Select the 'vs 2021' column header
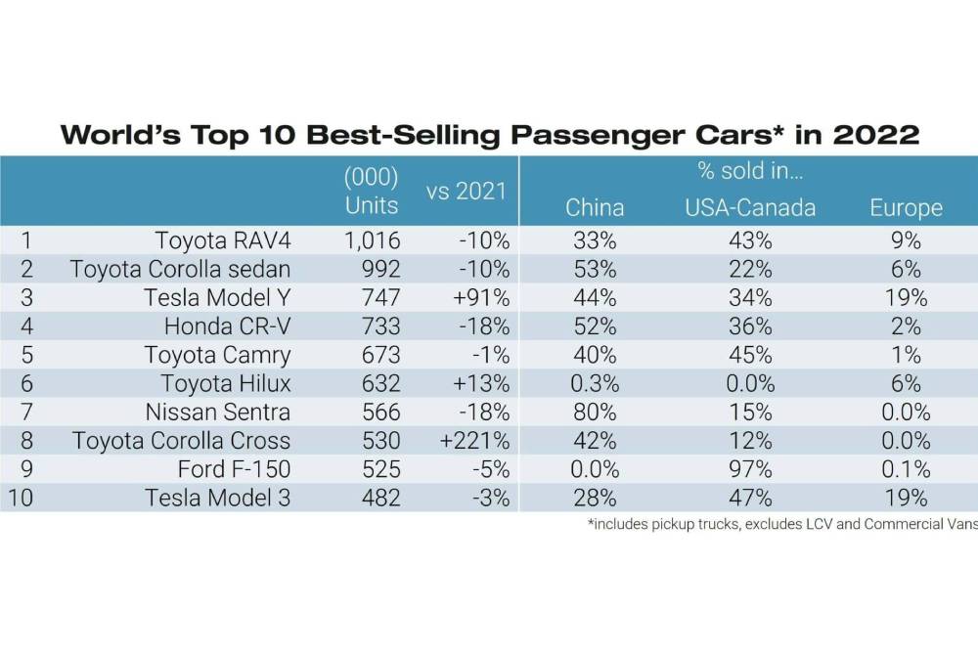click(467, 191)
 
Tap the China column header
click(595, 207)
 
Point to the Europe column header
click(906, 207)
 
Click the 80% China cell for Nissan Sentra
click(595, 412)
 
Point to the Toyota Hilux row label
click(226, 383)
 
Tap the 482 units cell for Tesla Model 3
click(379, 498)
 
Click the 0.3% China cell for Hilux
click(595, 383)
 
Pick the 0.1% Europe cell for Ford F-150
click(906, 469)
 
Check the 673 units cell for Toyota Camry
click(379, 355)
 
